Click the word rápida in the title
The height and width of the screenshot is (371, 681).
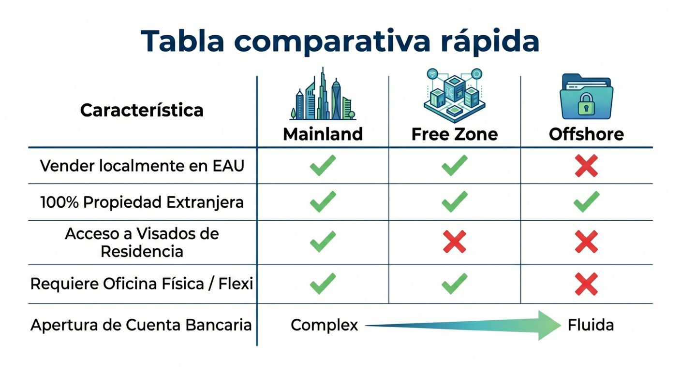tap(490, 42)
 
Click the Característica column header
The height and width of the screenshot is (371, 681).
tap(142, 110)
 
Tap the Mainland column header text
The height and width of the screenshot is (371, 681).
tap(323, 134)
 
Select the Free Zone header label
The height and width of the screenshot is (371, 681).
tap(455, 134)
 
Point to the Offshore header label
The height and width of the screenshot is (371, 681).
tap(587, 134)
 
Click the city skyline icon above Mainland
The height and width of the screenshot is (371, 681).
tap(323, 94)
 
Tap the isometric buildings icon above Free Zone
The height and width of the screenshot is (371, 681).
tap(455, 95)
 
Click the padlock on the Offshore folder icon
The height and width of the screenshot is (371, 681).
tap(586, 104)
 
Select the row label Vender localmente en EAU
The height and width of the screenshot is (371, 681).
tap(142, 166)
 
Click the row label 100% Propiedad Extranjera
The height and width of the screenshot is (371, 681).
tap(142, 202)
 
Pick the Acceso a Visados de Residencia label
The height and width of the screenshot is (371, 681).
tap(142, 243)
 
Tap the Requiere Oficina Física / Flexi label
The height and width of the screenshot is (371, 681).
tap(142, 284)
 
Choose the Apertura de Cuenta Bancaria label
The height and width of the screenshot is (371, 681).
tap(141, 325)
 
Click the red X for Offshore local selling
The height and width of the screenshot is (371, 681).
tap(587, 166)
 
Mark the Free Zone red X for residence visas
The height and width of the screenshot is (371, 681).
tap(455, 242)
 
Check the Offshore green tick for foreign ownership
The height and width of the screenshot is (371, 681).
tap(587, 201)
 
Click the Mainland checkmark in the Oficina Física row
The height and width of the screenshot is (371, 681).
tap(323, 284)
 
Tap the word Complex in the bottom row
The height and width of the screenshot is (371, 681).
tap(325, 325)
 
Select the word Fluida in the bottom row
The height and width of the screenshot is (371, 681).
tap(591, 325)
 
